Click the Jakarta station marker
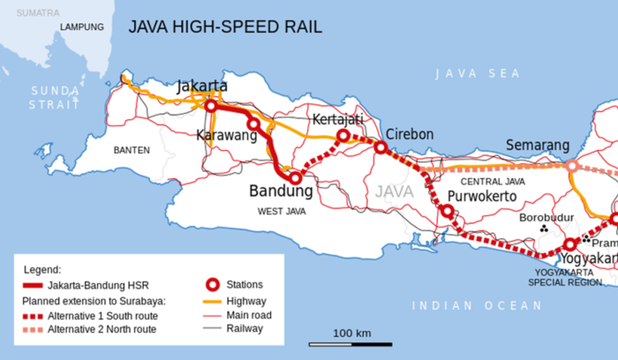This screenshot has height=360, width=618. (212, 106)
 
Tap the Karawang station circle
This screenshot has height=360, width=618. (253, 124)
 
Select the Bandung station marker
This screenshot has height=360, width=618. (295, 177)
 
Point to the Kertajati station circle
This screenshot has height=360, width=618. (343, 136)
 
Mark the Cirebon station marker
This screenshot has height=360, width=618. (381, 146)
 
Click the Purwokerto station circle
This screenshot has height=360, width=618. (448, 211)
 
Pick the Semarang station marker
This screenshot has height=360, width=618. (572, 165)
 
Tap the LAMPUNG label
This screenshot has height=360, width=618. (82, 26)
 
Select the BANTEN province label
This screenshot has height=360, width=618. (132, 150)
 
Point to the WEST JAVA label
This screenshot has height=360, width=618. (283, 212)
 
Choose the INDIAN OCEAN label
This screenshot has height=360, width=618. (478, 306)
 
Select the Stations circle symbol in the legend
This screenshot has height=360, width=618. (213, 285)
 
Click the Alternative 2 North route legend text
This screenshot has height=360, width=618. (102, 329)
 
